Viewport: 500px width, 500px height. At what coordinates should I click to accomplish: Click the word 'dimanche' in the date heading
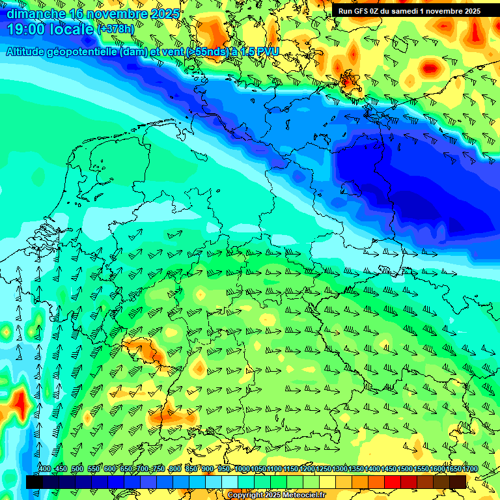point(33,13)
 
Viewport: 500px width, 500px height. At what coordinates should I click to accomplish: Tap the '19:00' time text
point(25,29)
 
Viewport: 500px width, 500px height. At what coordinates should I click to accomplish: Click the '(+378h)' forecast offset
point(116,29)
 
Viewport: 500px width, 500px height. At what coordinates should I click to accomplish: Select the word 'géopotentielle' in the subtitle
point(80,51)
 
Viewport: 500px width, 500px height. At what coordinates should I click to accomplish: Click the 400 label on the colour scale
point(44,469)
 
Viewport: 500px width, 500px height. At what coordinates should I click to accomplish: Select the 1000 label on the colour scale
point(242,469)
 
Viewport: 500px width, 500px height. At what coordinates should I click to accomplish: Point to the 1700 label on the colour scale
point(470,469)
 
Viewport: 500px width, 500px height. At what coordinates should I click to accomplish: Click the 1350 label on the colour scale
point(356,469)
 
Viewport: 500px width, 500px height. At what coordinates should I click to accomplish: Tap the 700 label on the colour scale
point(143,469)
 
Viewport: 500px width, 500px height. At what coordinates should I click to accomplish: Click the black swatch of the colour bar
point(34,482)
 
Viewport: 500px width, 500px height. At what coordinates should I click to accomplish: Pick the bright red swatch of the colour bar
point(393,482)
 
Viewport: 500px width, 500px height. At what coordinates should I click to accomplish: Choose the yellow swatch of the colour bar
point(327,482)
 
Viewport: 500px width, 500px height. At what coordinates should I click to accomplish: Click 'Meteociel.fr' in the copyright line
point(304,495)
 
